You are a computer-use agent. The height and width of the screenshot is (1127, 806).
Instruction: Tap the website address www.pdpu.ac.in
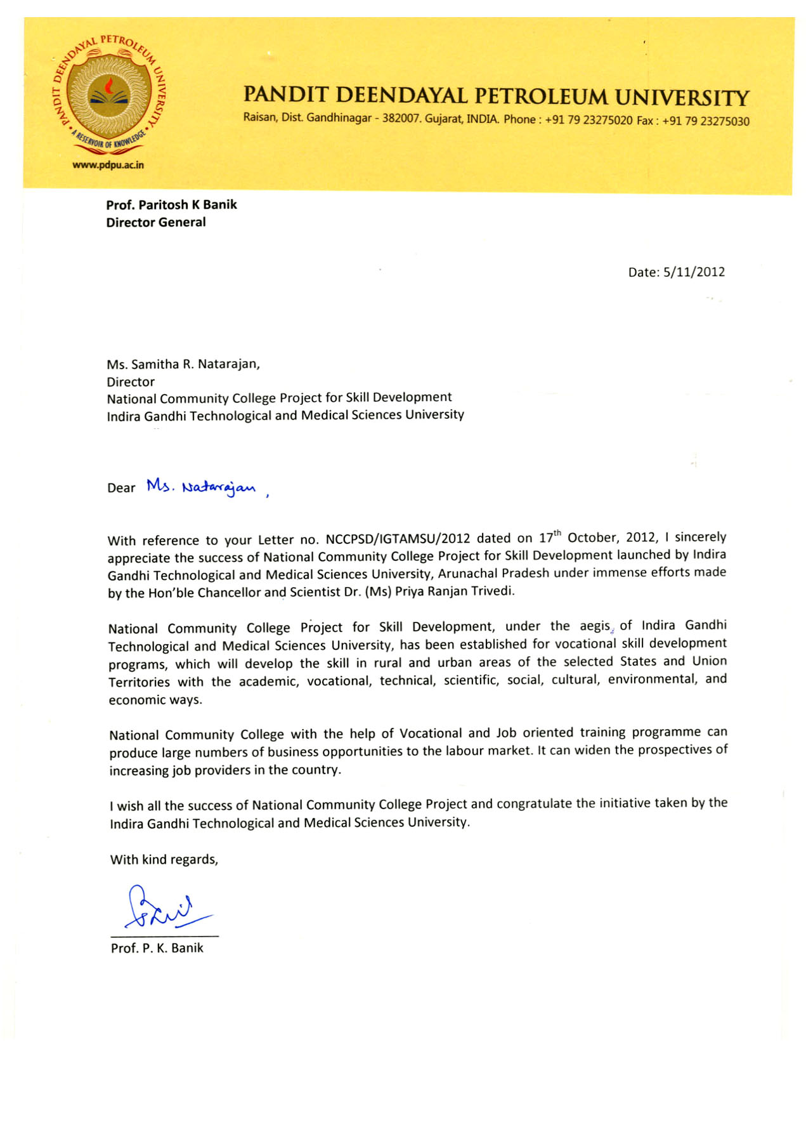coord(108,165)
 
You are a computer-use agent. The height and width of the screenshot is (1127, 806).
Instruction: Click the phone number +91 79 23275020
coord(588,120)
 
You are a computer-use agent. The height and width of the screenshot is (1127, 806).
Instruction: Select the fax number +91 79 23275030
coord(705,121)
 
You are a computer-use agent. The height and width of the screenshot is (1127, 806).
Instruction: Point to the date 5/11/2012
coord(694,272)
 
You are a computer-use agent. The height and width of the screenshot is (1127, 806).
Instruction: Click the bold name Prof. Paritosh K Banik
coord(171,204)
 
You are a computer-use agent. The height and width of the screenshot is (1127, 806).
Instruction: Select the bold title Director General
coord(156,222)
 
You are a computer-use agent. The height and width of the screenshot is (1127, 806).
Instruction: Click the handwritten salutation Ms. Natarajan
coord(202,487)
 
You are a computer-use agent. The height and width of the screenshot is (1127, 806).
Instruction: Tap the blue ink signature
coord(166,908)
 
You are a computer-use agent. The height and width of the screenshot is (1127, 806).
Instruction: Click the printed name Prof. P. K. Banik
coord(157,948)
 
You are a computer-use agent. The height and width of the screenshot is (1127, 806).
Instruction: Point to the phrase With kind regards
coord(164,860)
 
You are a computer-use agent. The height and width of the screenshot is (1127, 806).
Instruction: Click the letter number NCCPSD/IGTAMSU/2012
coord(398,539)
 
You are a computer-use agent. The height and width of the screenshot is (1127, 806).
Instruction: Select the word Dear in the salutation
coord(121,488)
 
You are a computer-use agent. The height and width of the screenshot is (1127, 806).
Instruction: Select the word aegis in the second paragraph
coord(594,626)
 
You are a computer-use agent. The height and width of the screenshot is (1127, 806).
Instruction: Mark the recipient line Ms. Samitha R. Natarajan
coord(183,364)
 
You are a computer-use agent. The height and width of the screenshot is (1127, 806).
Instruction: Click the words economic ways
coord(155,700)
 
